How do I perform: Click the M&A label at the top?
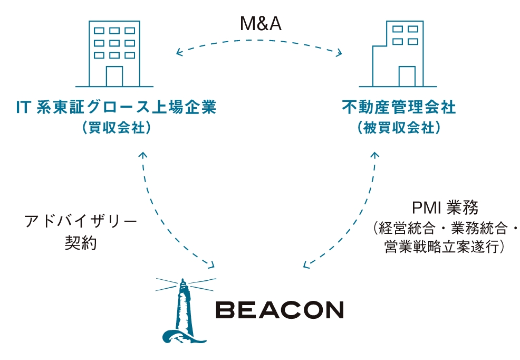coord(260,23)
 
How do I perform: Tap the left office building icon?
coord(114,53)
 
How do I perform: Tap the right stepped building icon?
coord(398,53)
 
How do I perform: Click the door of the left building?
coord(114,77)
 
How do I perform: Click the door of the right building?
coord(407,77)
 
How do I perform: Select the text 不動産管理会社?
coord(398,108)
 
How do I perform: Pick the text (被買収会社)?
coord(398,128)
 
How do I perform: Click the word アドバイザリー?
coord(81,221)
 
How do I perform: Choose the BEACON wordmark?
coord(280,310)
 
